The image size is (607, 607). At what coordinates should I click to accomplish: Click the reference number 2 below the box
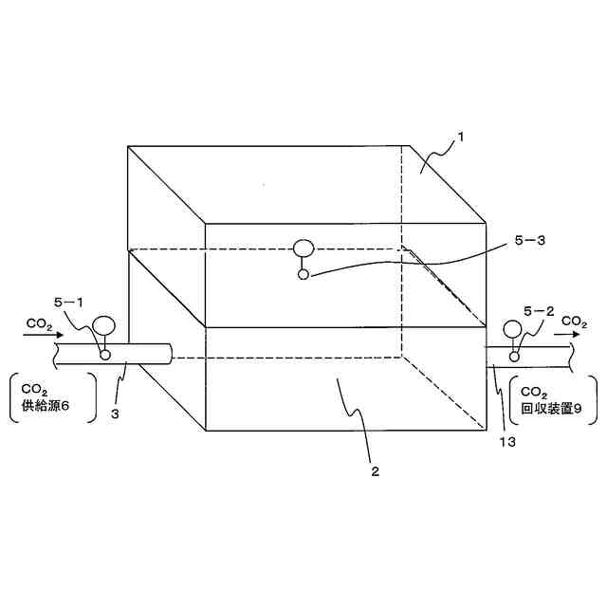(376, 469)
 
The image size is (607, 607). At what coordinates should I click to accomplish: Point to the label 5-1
(68, 302)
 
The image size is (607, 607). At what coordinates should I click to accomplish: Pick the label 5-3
(530, 241)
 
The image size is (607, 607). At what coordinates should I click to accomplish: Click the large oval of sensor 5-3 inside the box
(303, 249)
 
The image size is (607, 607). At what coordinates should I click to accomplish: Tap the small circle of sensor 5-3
(303, 275)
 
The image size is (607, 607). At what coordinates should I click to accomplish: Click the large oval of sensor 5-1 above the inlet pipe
(104, 326)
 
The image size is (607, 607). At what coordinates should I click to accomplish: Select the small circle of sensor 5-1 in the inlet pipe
(104, 355)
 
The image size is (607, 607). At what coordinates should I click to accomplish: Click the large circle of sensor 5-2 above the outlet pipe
(513, 330)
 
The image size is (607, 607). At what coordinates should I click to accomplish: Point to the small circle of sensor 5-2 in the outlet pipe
(514, 357)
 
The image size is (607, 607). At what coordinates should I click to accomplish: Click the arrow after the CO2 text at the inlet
(52, 335)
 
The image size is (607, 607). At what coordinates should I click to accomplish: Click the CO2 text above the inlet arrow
(39, 323)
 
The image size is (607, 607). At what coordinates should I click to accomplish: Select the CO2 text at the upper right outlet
(574, 322)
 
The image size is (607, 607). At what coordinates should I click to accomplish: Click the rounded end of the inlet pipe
(169, 355)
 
